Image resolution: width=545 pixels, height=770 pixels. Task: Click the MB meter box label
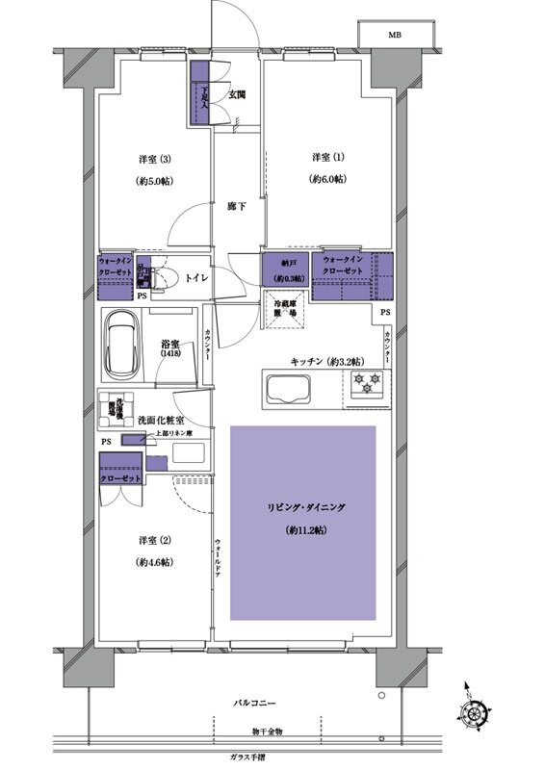click(395, 35)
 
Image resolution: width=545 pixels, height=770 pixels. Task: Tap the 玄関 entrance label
click(237, 93)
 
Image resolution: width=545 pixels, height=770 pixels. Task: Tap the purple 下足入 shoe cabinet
click(201, 92)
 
